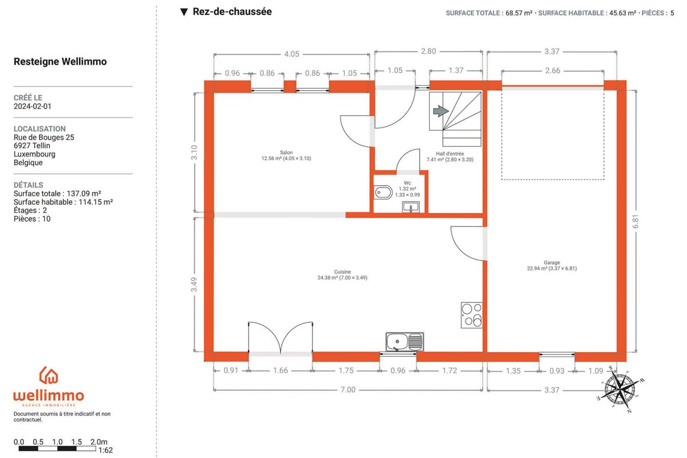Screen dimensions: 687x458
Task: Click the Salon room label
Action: [x=286, y=152]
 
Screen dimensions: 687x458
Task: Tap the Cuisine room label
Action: [x=342, y=272]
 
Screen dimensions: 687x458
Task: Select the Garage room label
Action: [x=552, y=263]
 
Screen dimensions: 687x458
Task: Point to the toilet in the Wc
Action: [x=383, y=193]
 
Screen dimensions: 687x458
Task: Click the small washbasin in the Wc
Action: [x=410, y=207]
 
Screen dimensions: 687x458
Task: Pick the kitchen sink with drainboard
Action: [x=405, y=342]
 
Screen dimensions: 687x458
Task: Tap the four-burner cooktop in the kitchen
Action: [x=472, y=315]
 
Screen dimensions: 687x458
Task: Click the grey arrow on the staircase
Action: [x=441, y=111]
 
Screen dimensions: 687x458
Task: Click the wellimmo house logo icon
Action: [x=49, y=375]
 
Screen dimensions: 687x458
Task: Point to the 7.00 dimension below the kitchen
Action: [x=348, y=390]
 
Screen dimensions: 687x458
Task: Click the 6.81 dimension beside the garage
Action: [x=635, y=221]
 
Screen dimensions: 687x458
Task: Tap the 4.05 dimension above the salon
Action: [x=291, y=54]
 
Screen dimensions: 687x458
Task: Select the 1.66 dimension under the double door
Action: [x=281, y=370]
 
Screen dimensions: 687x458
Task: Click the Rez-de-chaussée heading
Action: [x=232, y=11]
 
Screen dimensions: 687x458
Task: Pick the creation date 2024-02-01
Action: [x=33, y=106]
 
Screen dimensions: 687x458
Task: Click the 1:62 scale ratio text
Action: [x=105, y=451]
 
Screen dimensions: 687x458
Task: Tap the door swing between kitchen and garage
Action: [x=467, y=243]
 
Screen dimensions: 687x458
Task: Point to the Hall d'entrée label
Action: [x=450, y=153]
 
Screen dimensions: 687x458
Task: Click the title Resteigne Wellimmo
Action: [x=60, y=62]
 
